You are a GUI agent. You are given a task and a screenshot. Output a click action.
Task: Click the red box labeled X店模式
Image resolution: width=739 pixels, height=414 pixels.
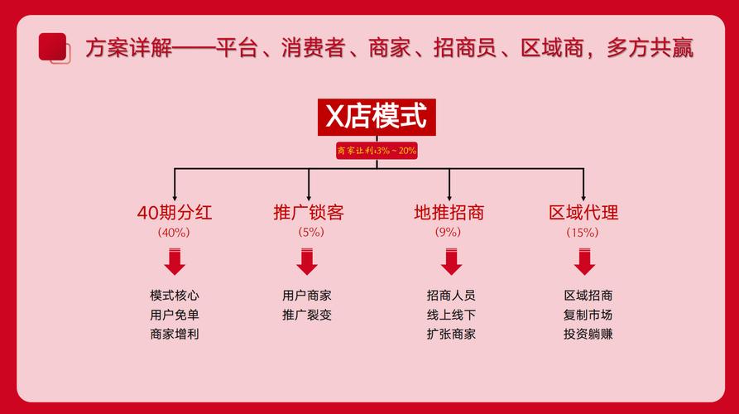(x=377, y=117)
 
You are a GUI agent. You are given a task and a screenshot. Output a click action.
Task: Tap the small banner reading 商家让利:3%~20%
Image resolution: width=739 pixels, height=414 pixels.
(x=377, y=151)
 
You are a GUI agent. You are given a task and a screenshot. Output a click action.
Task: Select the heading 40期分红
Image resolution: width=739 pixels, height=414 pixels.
(x=175, y=213)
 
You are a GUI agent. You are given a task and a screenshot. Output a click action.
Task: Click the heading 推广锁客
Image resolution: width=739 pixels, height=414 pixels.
(x=309, y=213)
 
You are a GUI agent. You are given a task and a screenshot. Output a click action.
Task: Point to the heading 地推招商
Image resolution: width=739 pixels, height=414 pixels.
(x=449, y=213)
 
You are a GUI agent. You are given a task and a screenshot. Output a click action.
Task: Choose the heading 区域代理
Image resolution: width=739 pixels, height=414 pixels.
(x=583, y=213)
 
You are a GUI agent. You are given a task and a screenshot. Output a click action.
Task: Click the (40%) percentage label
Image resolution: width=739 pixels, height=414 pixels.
(x=174, y=233)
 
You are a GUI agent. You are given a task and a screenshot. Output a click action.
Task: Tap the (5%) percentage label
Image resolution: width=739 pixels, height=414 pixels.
(x=311, y=232)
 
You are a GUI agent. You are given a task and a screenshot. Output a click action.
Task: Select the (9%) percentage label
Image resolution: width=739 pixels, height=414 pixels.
(x=448, y=232)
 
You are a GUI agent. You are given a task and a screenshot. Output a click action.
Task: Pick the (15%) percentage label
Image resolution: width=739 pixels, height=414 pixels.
(x=583, y=233)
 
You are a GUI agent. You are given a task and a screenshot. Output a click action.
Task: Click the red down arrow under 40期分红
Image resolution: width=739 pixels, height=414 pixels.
(x=175, y=262)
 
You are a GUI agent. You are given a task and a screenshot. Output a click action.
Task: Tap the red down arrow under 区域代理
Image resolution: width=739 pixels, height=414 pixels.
(x=584, y=262)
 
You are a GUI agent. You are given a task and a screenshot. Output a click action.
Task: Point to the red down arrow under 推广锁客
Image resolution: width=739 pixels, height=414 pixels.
(x=307, y=262)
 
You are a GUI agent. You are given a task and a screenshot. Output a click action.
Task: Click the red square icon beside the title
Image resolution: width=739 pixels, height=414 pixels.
(x=54, y=48)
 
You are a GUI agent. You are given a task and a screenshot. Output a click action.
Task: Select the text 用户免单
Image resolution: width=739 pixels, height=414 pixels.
(x=175, y=315)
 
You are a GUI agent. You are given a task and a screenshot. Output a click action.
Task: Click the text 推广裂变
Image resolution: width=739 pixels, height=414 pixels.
(x=307, y=315)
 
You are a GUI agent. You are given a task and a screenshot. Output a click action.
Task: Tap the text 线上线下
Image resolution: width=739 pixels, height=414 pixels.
(x=451, y=315)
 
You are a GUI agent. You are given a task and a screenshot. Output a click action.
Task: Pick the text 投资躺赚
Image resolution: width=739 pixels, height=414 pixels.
(x=588, y=335)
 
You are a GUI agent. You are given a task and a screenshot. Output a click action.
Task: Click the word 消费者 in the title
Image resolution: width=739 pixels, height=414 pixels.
(x=314, y=48)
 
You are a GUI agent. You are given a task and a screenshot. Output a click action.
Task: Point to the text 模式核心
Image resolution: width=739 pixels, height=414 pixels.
(x=175, y=296)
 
